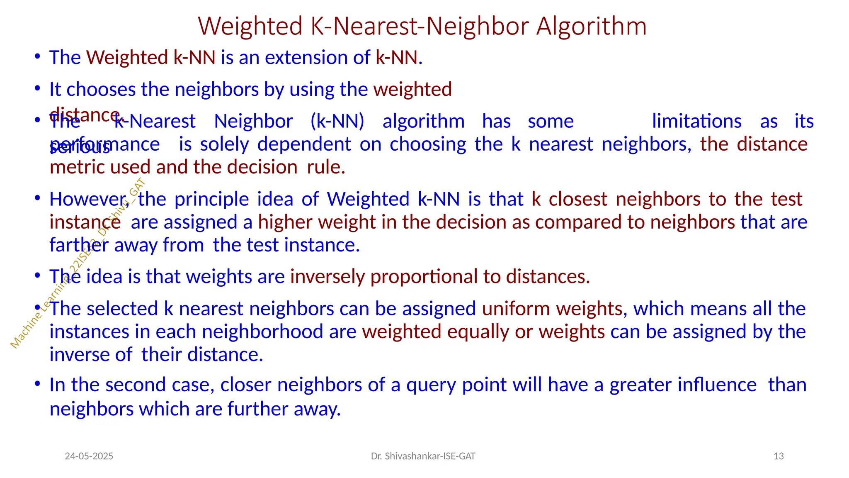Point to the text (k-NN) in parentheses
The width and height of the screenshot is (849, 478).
[337, 121]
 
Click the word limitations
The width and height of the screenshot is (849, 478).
[696, 121]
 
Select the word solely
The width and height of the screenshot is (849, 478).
[224, 144]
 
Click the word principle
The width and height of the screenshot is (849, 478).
[211, 199]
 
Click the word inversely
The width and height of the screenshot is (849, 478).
[327, 277]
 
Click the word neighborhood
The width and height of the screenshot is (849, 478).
[262, 332]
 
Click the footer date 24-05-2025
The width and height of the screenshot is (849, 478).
[89, 456]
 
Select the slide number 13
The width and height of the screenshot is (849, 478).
[779, 456]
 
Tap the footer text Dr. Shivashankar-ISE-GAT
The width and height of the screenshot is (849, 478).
[423, 456]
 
